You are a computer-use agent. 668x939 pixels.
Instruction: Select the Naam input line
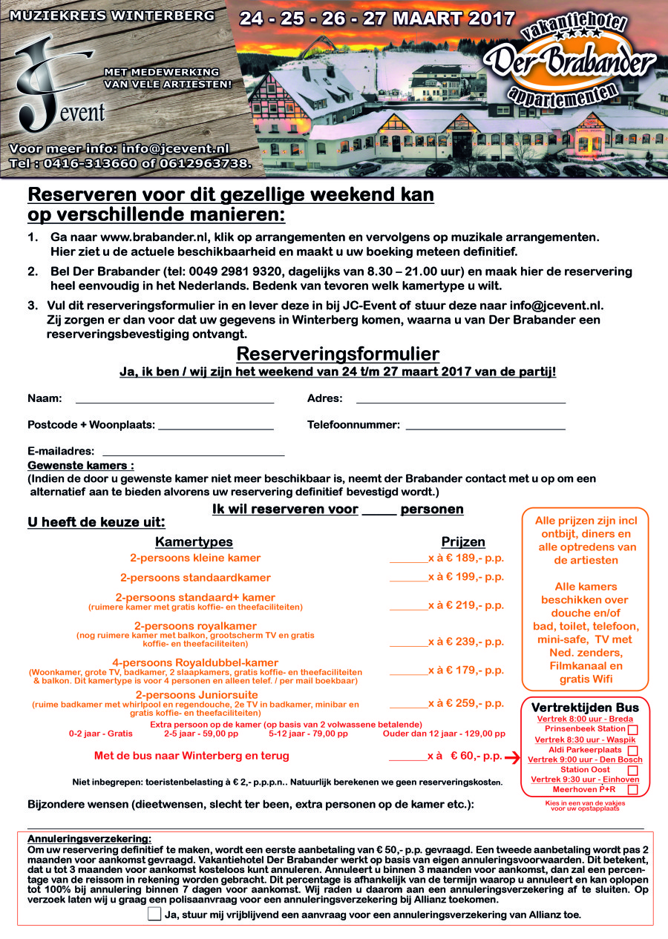(174, 401)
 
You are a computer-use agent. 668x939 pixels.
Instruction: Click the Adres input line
(460, 401)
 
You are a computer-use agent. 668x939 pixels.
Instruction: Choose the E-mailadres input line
(193, 453)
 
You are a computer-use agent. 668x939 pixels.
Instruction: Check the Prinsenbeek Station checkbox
(633, 730)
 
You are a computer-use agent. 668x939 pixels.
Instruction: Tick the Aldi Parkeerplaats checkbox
(633, 751)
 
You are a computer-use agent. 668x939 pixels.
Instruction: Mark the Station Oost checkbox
(633, 771)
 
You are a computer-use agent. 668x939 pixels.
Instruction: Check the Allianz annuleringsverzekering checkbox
(154, 914)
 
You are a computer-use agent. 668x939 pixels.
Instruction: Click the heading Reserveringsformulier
(338, 354)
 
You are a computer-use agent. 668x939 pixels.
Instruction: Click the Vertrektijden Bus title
(585, 708)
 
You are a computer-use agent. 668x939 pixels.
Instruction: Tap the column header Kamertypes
(194, 542)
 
